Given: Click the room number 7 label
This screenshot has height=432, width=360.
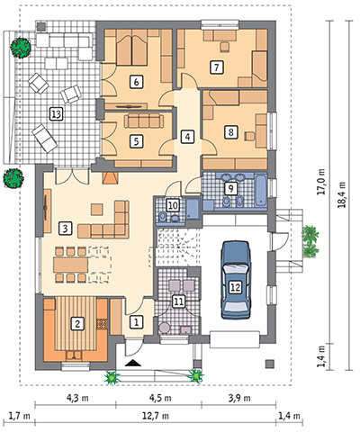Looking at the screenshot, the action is (x=217, y=67).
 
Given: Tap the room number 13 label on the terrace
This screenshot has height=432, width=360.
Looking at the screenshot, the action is (x=56, y=114).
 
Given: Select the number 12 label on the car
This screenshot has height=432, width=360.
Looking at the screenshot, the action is (x=236, y=287).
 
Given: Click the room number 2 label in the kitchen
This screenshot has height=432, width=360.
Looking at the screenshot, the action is (x=77, y=324).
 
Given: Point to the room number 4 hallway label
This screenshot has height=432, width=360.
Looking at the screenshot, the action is (x=187, y=137).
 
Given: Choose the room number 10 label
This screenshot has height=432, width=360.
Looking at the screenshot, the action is (x=173, y=205).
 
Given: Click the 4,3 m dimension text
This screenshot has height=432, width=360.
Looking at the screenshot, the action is (x=77, y=398).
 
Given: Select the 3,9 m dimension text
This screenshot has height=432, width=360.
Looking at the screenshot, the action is (x=239, y=398).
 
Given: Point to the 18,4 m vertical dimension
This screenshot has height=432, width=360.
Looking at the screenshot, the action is (x=342, y=194).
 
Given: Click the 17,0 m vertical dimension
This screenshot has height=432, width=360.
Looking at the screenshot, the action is (x=321, y=182).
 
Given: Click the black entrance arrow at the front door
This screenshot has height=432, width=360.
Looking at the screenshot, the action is (x=133, y=363).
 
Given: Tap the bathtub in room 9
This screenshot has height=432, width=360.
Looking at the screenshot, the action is (x=260, y=190).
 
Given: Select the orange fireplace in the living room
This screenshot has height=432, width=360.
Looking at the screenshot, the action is (x=110, y=178).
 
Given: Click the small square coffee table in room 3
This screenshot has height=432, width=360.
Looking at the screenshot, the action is (x=97, y=209).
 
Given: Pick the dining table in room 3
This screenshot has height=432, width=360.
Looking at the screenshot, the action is (x=71, y=265).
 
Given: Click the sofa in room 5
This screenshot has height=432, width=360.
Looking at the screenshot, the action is (x=144, y=121).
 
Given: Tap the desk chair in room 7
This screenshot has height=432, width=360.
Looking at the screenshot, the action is (x=224, y=47).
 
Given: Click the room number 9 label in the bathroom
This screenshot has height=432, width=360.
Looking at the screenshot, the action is (x=230, y=188).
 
